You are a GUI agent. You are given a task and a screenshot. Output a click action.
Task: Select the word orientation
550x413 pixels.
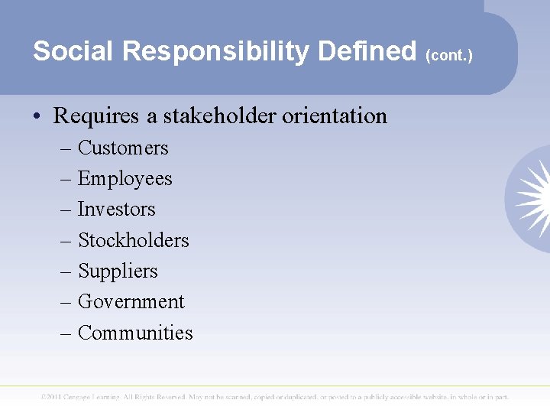335,116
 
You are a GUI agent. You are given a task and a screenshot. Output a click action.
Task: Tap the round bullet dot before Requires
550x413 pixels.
38,117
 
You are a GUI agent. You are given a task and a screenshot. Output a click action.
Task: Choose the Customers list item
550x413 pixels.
123,148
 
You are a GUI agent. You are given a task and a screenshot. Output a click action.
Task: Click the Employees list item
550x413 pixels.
125,179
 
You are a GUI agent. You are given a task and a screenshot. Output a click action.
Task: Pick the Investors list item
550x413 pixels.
116,209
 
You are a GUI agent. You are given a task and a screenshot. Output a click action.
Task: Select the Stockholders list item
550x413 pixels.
133,240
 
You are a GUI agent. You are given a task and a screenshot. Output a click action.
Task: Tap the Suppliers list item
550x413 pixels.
118,271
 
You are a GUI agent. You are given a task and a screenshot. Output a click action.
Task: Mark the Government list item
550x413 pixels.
131,302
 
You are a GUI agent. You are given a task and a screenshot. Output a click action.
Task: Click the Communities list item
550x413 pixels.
135,333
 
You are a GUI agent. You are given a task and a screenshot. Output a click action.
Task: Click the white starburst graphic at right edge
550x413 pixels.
532,197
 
